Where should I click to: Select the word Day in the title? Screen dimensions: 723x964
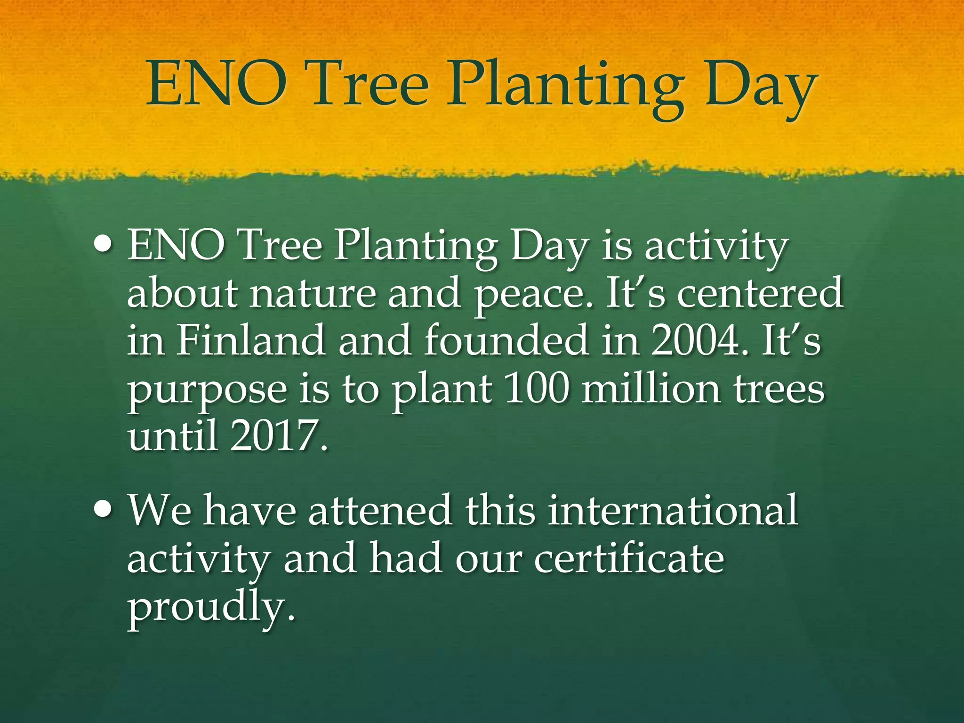[759, 87]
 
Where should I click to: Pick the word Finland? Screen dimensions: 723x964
[250, 340]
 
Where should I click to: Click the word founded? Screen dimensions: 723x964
[506, 340]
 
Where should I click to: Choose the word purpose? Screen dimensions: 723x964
[207, 391]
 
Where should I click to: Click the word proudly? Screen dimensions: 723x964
[212, 607]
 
